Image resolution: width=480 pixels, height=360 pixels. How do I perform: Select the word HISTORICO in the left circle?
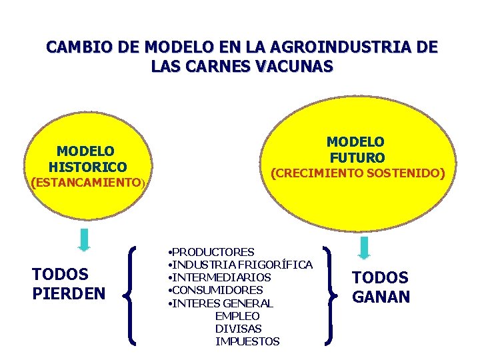pos(87,167)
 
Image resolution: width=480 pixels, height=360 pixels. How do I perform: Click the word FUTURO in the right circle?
pos(357,158)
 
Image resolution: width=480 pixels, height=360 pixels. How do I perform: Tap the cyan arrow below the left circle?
pos(84,239)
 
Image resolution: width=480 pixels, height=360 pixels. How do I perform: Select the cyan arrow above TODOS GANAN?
pos(364,247)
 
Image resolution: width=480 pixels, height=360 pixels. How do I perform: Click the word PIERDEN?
pos(69,293)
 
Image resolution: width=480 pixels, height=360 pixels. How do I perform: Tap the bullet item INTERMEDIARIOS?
pos(221,277)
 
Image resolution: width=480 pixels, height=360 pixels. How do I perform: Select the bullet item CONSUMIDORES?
pos(217,290)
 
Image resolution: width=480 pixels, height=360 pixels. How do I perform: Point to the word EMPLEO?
pos(237,316)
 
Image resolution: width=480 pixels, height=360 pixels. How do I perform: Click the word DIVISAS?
pos(238,329)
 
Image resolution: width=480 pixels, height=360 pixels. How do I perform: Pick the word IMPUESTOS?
pos(247,341)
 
